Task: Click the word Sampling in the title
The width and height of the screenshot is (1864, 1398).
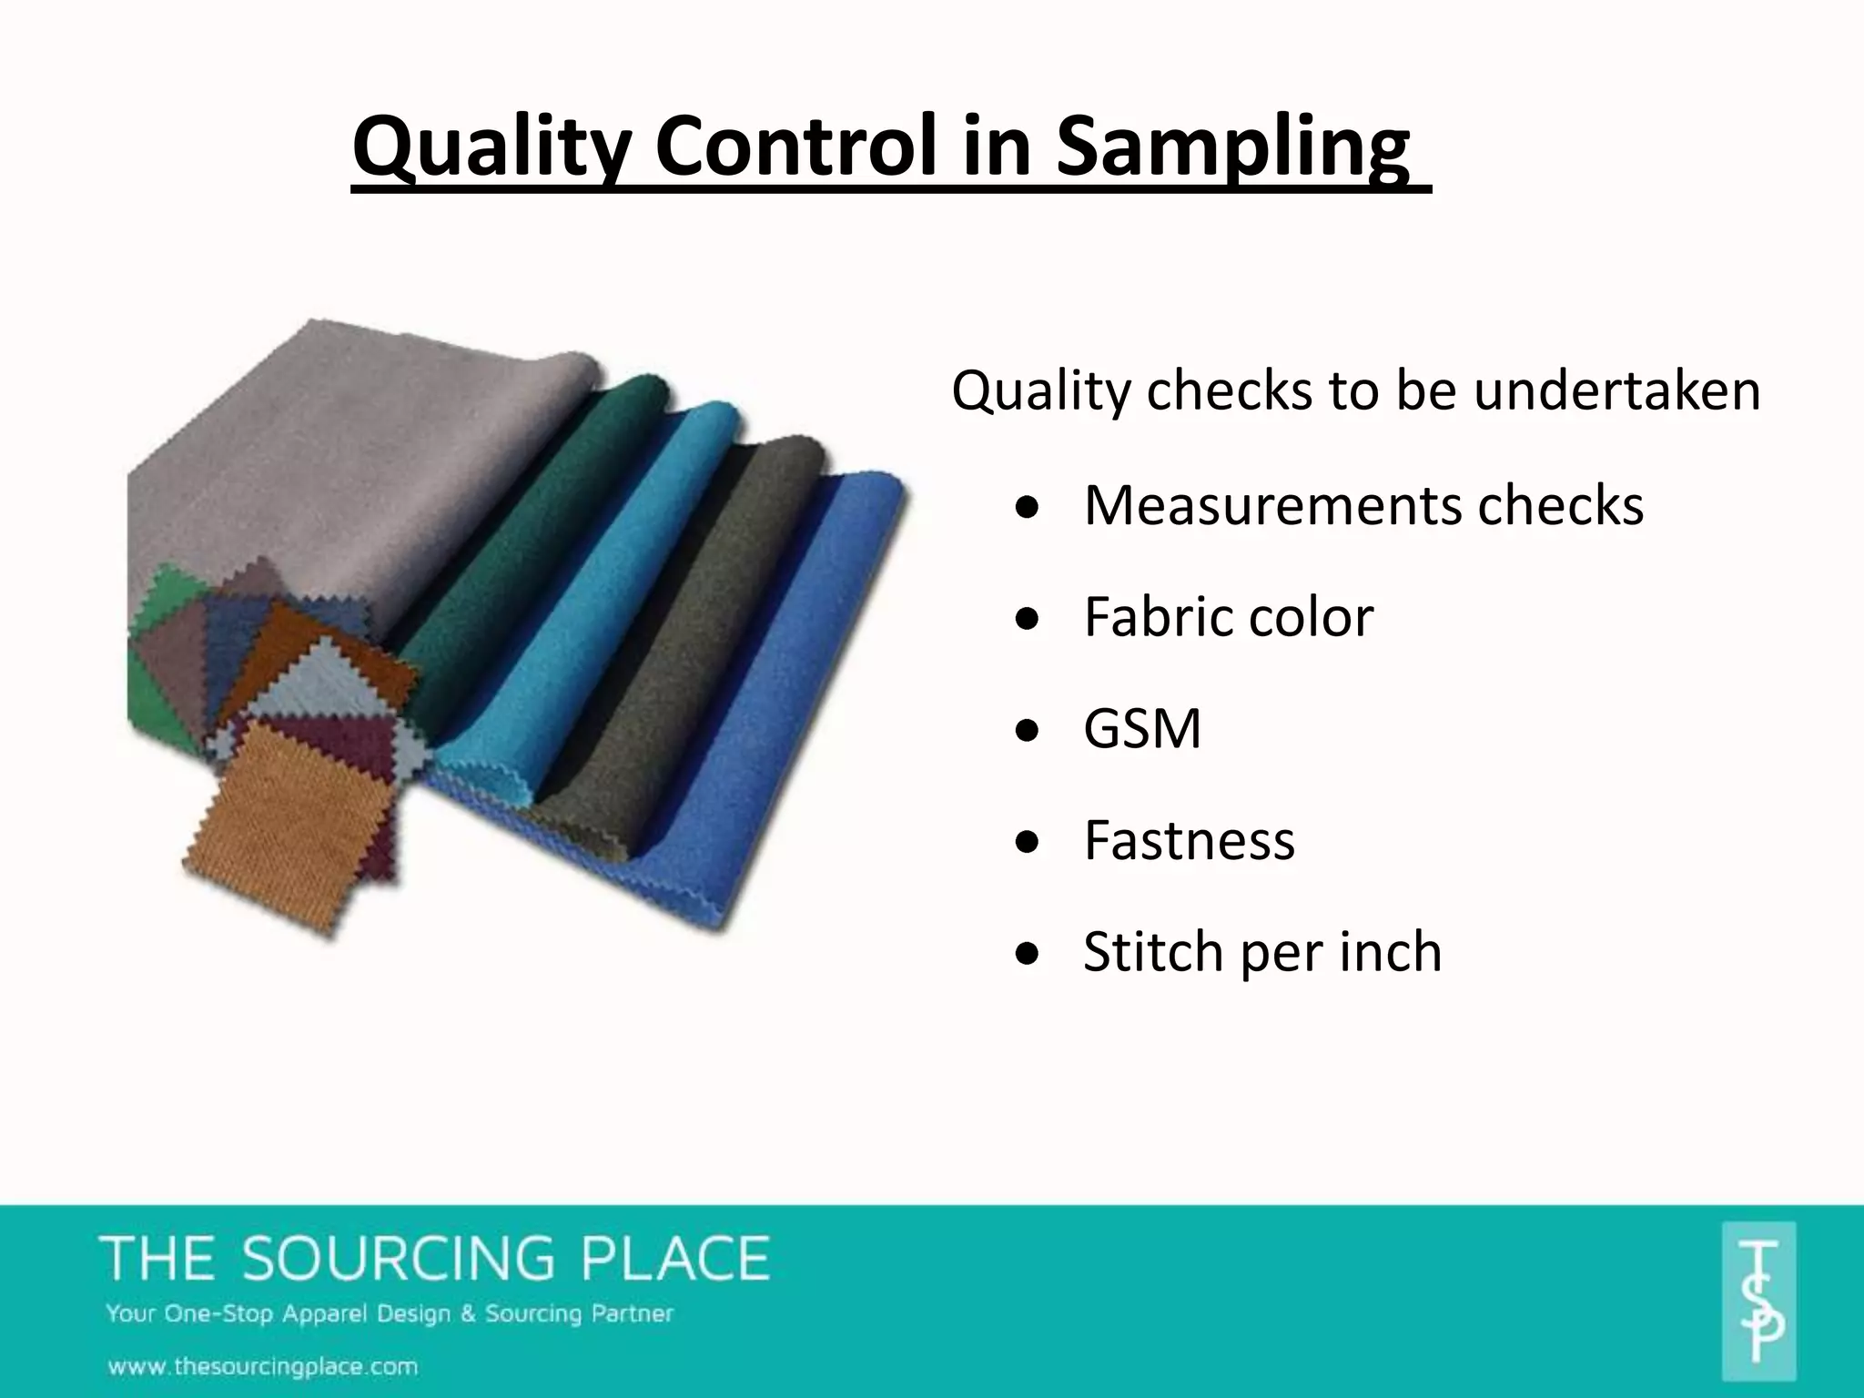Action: click(x=1232, y=147)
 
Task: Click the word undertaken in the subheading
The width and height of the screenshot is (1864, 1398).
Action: click(x=1616, y=391)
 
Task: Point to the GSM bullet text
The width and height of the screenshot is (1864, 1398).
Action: click(x=1141, y=729)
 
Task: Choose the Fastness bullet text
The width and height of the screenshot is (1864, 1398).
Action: click(x=1189, y=841)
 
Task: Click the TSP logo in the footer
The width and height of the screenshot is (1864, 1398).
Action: click(x=1758, y=1302)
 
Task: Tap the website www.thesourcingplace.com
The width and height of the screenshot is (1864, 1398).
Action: click(x=263, y=1366)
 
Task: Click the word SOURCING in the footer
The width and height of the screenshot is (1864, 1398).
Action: click(x=398, y=1260)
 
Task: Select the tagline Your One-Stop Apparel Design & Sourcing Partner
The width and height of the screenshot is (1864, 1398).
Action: click(x=390, y=1314)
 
